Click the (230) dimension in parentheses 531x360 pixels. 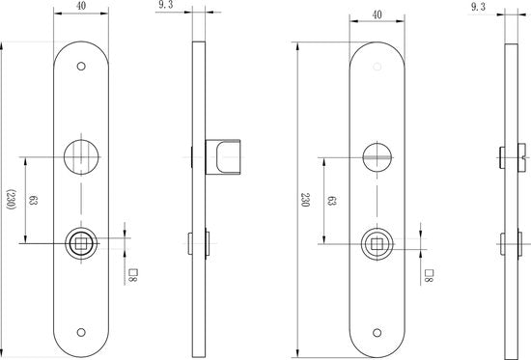tap(11, 201)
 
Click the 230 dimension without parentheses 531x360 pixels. tap(305, 201)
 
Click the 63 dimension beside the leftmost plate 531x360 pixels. tap(34, 201)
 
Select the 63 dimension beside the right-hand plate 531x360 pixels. tap(331, 201)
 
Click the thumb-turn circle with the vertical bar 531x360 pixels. tap(80, 154)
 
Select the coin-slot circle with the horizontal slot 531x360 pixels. tap(377, 154)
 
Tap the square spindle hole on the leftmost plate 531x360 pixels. tap(80, 243)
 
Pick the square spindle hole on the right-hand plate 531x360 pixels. tap(377, 243)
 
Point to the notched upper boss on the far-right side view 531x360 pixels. tap(512, 155)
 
